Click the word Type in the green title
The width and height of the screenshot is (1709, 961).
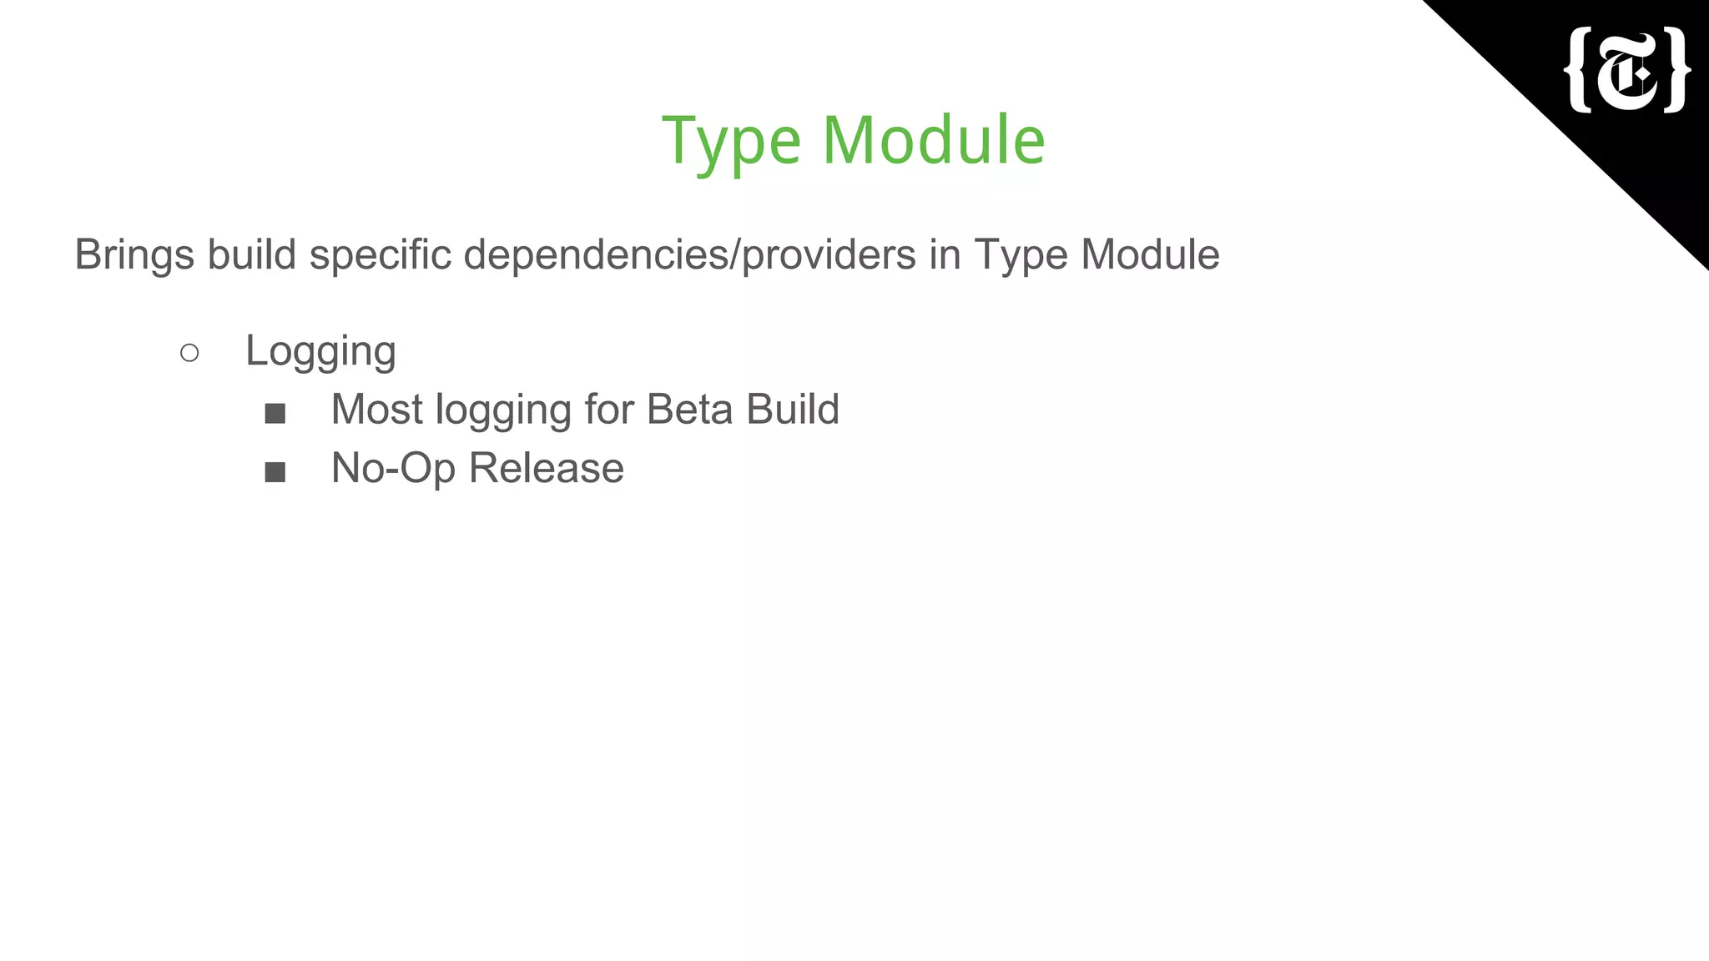coord(731,142)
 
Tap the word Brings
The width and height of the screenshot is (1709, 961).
coord(134,255)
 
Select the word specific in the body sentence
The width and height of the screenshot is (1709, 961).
coord(380,255)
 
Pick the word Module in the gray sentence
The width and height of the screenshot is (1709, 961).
coord(1150,254)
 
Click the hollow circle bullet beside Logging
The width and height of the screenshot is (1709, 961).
coord(189,353)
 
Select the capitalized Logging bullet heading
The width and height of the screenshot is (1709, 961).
coord(320,351)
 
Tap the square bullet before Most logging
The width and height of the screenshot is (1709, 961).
coord(275,413)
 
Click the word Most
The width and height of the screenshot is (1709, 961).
coord(377,410)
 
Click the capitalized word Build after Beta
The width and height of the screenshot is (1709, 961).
coord(793,410)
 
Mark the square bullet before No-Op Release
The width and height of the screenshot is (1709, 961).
coord(275,472)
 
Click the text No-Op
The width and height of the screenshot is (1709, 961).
coord(393,469)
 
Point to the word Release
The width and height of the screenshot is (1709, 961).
coord(546,468)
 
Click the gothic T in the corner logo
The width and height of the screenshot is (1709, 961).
coord(1628,72)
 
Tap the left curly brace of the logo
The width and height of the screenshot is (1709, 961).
coord(1579,70)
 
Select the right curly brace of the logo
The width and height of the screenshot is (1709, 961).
coord(1676,70)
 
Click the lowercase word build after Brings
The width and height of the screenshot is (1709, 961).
coord(252,255)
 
